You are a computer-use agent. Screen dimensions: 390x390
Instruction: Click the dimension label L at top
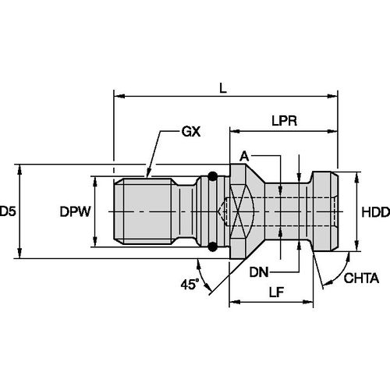pyautogui.click(x=223, y=89)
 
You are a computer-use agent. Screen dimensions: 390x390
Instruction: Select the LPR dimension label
pyautogui.click(x=283, y=122)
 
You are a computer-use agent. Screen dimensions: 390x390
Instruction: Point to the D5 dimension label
pyautogui.click(x=9, y=211)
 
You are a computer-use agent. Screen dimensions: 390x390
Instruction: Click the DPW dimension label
pyautogui.click(x=76, y=211)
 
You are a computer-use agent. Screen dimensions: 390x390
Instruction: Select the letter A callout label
pyautogui.click(x=245, y=156)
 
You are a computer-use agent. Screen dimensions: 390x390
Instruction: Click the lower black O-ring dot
pyautogui.click(x=213, y=247)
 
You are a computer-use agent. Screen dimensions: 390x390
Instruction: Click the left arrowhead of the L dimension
pyautogui.click(x=119, y=97)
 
